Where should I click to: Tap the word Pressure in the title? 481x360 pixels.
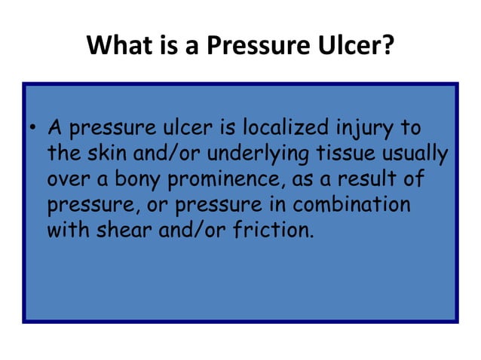pos(259,47)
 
